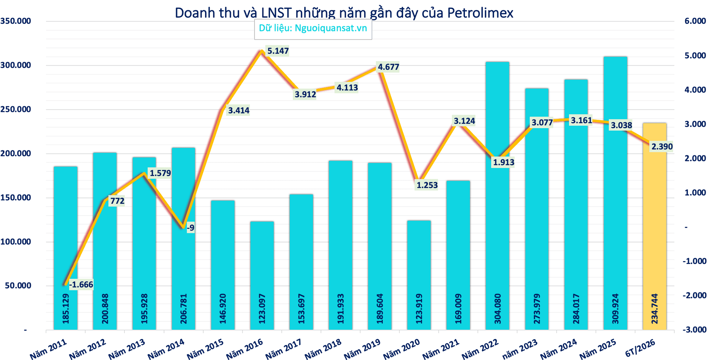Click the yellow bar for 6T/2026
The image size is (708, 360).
pos(654,226)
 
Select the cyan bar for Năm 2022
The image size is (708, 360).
pos(497,196)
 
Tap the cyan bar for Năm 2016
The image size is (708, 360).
pos(262,276)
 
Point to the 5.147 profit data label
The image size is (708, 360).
pos(278,51)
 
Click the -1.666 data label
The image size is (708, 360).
pos(81,285)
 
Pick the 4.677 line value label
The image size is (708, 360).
pos(388,67)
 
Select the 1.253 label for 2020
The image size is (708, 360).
pos(427,185)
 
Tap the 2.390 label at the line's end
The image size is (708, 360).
pos(662,146)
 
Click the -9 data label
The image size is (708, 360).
pos(190,228)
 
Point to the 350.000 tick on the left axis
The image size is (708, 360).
pos(16,21)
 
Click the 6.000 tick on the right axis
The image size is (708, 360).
pos(695,21)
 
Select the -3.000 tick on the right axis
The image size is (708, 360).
pos(694,330)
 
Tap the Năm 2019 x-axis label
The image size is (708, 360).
pos(362,349)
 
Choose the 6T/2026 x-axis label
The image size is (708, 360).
pos(640,348)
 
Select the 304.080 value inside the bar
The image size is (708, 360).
pos(497,309)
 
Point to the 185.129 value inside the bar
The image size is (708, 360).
pos(65,309)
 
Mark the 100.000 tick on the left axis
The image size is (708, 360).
pos(16,242)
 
